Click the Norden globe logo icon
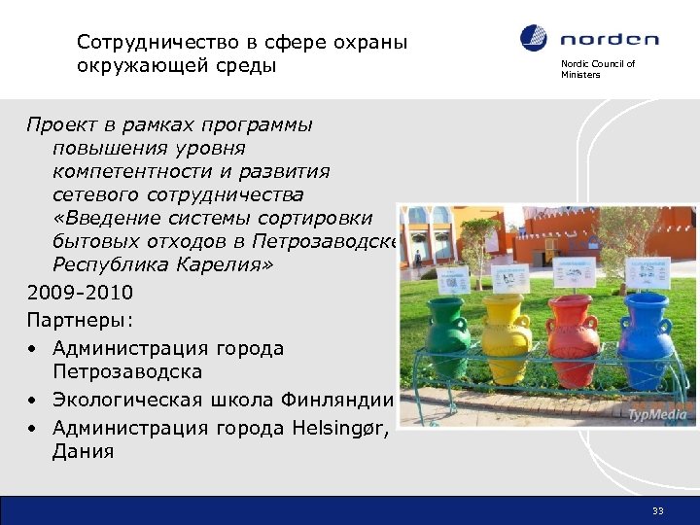tap(534, 39)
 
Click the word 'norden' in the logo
tap(610, 40)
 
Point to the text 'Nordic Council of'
tap(597, 64)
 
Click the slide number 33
tap(658, 511)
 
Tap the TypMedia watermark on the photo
tap(657, 415)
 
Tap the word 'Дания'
tap(84, 452)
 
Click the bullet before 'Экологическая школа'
tap(33, 400)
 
